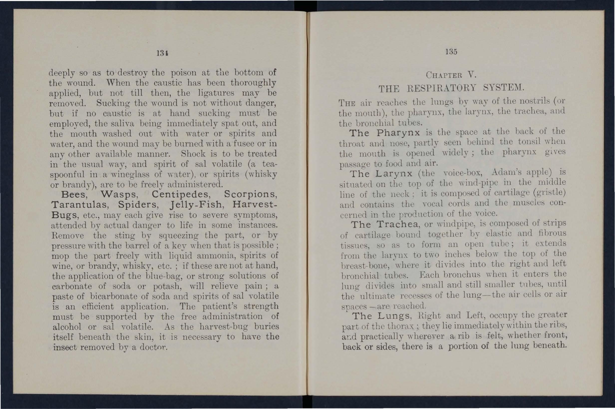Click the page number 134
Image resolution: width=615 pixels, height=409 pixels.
[x=162, y=53]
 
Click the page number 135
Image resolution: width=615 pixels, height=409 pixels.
[x=451, y=52]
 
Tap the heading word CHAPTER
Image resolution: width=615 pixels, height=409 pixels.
[x=444, y=75]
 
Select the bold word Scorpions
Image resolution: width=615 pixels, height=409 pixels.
[x=250, y=195]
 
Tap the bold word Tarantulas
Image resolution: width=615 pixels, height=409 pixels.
[x=80, y=205]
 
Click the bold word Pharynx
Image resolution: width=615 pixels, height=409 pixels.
[x=398, y=133]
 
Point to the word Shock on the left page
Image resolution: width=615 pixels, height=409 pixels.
[x=193, y=154]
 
